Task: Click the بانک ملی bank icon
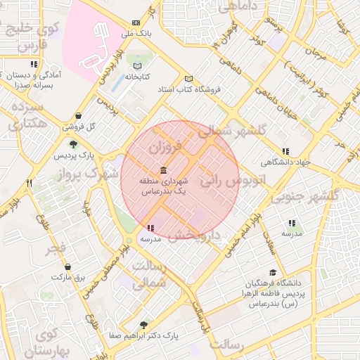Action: click(x=136, y=22)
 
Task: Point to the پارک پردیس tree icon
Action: click(x=73, y=144)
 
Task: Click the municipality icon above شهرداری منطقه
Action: click(x=163, y=171)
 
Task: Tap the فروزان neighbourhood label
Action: click(x=166, y=148)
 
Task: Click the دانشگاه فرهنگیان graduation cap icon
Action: click(x=272, y=273)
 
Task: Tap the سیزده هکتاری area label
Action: click(x=29, y=116)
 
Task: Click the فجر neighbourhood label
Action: click(x=57, y=248)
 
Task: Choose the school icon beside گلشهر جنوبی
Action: click(x=292, y=223)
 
